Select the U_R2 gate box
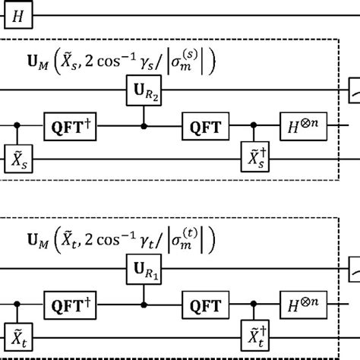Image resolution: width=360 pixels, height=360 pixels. coord(144,92)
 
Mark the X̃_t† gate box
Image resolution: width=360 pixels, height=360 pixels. coord(254,339)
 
